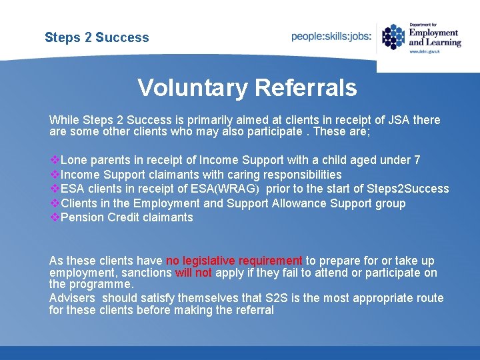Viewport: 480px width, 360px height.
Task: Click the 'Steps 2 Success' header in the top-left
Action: pos(97,37)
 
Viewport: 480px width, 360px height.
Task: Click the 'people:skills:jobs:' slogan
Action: pos(331,37)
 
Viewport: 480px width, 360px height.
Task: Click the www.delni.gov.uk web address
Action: pos(424,51)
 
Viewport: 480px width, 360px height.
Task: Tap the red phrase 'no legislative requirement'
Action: pos(234,261)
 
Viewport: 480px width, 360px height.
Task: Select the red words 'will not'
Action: pos(193,273)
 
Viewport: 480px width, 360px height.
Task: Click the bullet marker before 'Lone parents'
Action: pos(55,160)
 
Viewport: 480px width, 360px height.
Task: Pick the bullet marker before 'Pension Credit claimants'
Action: pos(55,217)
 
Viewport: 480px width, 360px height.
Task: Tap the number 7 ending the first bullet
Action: pos(417,160)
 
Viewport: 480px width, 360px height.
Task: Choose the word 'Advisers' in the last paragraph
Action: pos(71,298)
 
